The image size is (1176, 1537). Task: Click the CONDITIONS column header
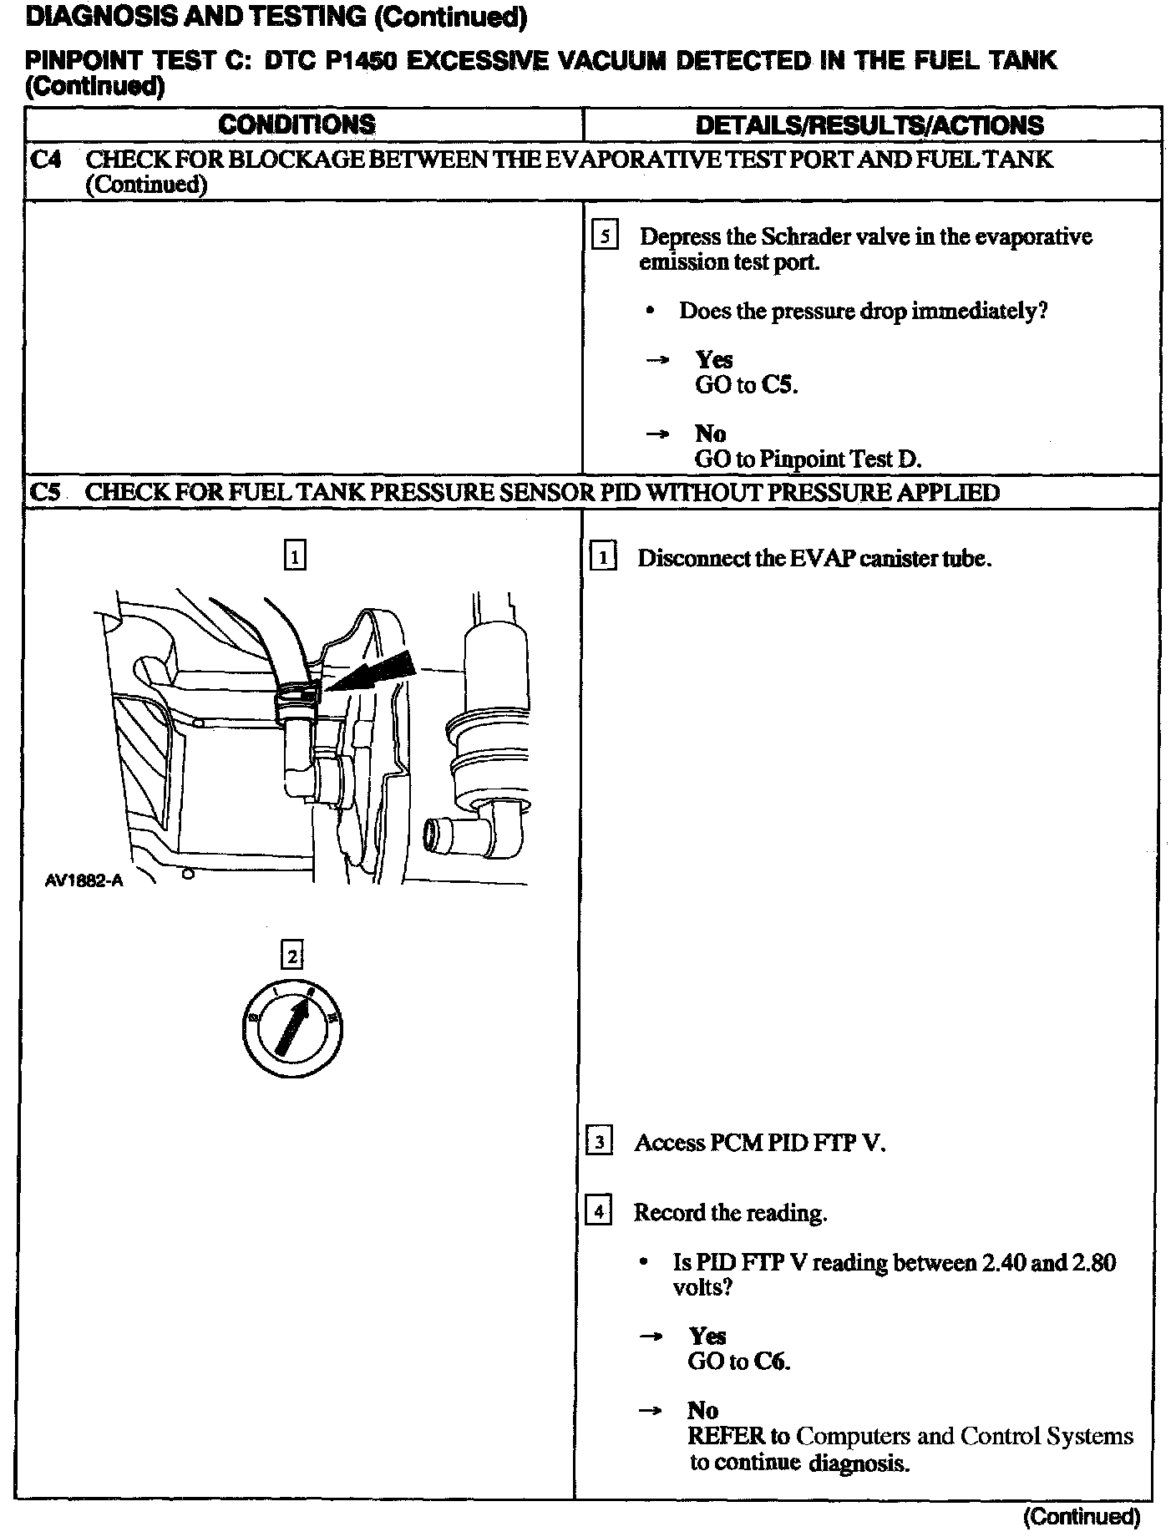click(297, 125)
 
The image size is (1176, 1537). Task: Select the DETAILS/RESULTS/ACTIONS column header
click(869, 125)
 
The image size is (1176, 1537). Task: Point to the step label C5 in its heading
click(46, 492)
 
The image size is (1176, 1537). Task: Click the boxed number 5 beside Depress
click(605, 236)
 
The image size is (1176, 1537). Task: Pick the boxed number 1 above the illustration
click(295, 555)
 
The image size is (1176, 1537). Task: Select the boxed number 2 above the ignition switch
click(292, 955)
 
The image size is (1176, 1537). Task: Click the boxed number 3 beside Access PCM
click(600, 1142)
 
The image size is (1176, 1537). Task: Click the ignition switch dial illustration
click(292, 1026)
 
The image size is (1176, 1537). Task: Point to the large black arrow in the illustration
click(376, 668)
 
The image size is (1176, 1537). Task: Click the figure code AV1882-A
click(84, 880)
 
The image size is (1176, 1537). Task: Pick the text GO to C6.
click(738, 1362)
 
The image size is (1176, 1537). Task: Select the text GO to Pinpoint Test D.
click(808, 459)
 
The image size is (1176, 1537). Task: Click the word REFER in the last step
click(726, 1436)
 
